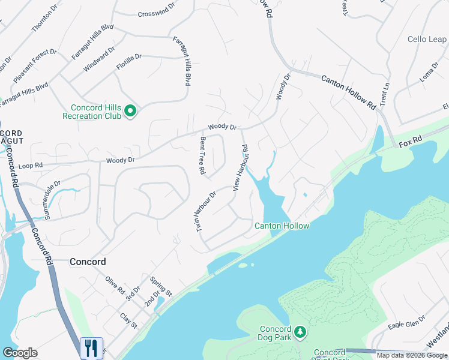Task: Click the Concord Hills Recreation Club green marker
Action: pyautogui.click(x=130, y=111)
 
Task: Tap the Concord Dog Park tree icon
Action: pyautogui.click(x=300, y=332)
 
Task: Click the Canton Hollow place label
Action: pyautogui.click(x=282, y=226)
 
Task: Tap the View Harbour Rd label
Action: pyautogui.click(x=240, y=168)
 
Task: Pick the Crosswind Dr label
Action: pyautogui.click(x=155, y=13)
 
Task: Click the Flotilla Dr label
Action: pyautogui.click(x=129, y=62)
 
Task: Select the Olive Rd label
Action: pyautogui.click(x=115, y=285)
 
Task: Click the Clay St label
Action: pyautogui.click(x=128, y=321)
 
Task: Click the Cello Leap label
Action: pyautogui.click(x=427, y=39)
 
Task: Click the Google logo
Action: pyautogui.click(x=20, y=352)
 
